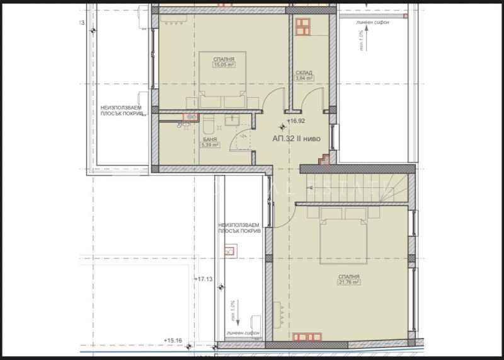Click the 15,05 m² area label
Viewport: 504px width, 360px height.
click(x=224, y=64)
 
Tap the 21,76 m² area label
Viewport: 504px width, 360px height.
click(x=348, y=283)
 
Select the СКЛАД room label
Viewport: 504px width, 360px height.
click(x=304, y=73)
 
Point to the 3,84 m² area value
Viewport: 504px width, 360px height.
click(x=304, y=78)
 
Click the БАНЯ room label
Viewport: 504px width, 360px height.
click(x=209, y=139)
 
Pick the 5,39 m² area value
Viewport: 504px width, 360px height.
click(x=209, y=145)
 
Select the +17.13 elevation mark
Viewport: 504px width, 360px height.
click(x=203, y=279)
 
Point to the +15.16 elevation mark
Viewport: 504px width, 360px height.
click(x=173, y=341)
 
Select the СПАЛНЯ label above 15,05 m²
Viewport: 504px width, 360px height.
click(x=224, y=58)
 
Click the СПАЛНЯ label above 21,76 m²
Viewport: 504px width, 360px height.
click(x=348, y=277)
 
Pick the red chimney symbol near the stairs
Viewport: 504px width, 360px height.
click(x=324, y=161)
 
